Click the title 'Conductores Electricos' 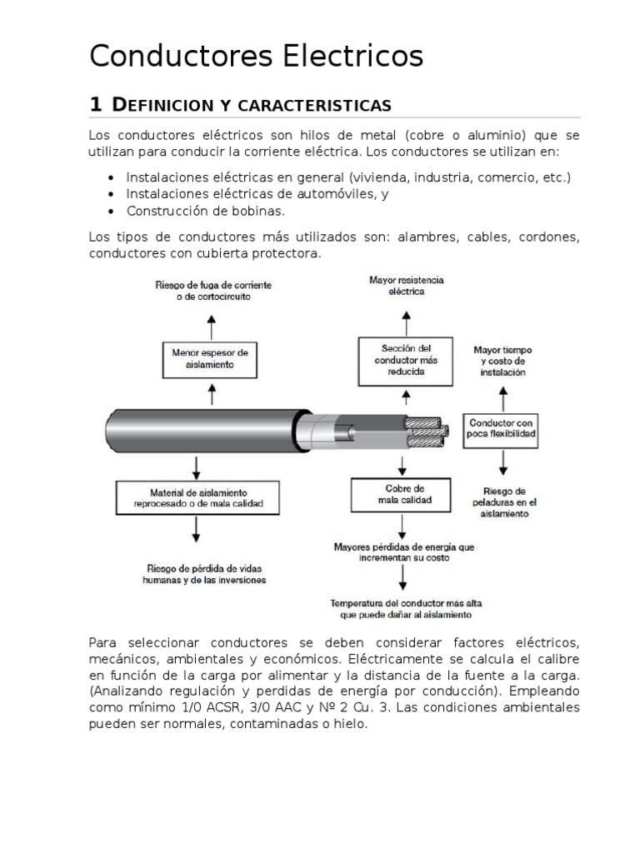pos(256,57)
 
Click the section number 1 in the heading pos(95,105)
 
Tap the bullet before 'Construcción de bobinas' pos(111,211)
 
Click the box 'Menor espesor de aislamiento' pos(210,358)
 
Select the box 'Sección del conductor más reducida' pos(406,360)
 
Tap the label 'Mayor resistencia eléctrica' pos(406,286)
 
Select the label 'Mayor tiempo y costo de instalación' pos(502,362)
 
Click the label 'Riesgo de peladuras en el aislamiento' pos(503,502)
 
